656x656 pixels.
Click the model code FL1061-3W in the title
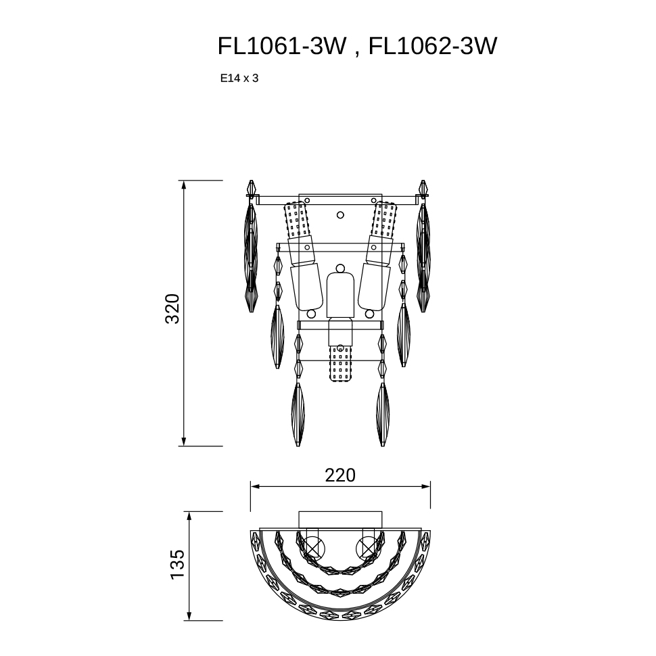coord(282,46)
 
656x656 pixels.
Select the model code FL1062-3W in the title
coord(433,46)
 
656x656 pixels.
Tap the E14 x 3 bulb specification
coord(239,78)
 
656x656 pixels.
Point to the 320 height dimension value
coord(172,309)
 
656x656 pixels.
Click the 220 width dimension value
coord(340,475)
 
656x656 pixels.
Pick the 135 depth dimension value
coord(177,564)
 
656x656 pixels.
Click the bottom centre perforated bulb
coord(340,362)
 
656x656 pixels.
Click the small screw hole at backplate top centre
coord(340,215)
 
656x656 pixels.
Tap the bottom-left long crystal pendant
coord(298,414)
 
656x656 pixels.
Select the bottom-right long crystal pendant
coord(382,414)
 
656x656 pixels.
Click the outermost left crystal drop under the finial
coord(251,257)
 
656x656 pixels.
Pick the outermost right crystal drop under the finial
coord(423,257)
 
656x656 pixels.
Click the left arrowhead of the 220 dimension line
coord(255,486)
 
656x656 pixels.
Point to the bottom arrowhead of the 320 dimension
coord(184,442)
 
